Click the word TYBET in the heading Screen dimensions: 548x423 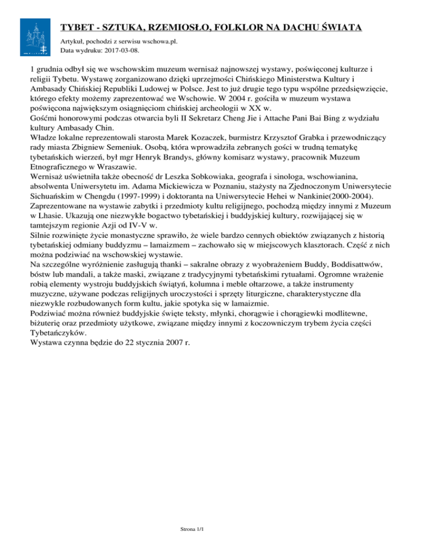79,27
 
